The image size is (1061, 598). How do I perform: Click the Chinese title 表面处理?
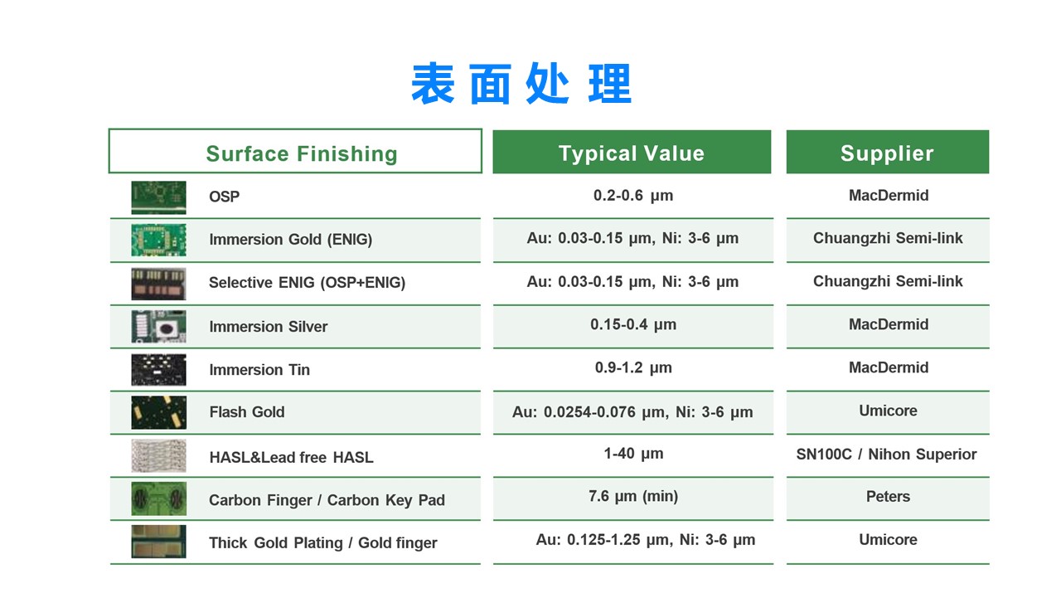click(x=521, y=84)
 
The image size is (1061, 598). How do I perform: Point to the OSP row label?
click(x=224, y=197)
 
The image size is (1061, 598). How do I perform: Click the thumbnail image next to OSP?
click(x=158, y=197)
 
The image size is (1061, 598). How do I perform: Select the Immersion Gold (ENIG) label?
click(x=290, y=240)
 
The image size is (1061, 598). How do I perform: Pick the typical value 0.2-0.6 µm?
click(x=632, y=195)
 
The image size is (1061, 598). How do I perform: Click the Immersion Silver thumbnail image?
click(x=158, y=327)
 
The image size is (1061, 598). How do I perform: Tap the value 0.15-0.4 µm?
click(x=632, y=324)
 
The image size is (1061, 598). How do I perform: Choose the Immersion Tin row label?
click(x=259, y=370)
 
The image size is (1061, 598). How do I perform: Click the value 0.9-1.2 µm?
click(x=633, y=367)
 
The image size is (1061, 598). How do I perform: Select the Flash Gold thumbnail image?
click(x=158, y=413)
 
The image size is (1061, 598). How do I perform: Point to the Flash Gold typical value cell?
click(x=632, y=412)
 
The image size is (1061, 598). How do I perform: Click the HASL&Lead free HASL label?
click(x=291, y=457)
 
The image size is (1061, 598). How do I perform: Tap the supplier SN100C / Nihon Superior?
click(x=886, y=455)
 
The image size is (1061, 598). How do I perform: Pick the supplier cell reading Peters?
click(x=888, y=497)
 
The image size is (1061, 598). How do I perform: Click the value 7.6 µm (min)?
click(x=633, y=497)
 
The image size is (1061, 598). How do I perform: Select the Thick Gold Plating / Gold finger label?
click(x=323, y=543)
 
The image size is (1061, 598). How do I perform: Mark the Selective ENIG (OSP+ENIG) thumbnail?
click(x=158, y=284)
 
